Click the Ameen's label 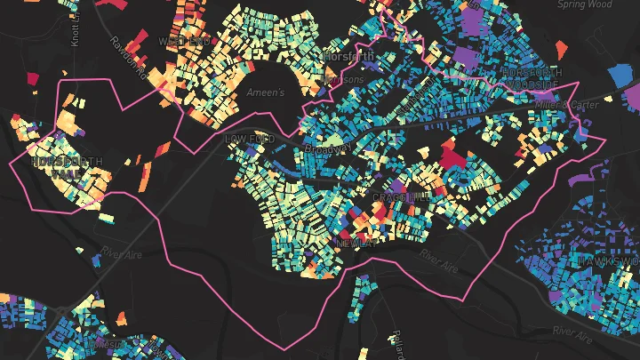[x=266, y=92]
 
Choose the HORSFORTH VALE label [x=66, y=169]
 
